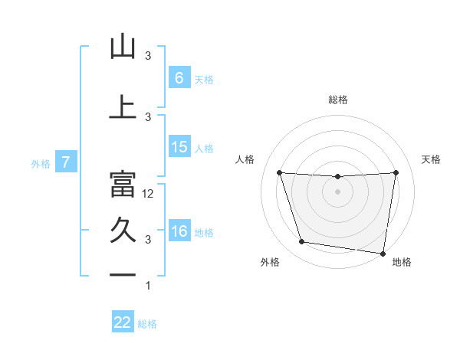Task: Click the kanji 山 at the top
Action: [123, 47]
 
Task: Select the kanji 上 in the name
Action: [123, 106]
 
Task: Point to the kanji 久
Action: [123, 231]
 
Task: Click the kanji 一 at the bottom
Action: [123, 275]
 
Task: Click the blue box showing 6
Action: [179, 77]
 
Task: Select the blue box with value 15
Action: [179, 147]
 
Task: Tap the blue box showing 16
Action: [179, 231]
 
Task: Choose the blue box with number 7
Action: [67, 162]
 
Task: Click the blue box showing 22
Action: [123, 322]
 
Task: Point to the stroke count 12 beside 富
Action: [149, 194]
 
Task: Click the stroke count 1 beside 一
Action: [148, 286]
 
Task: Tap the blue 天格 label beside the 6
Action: [204, 79]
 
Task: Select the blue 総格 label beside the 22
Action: [147, 324]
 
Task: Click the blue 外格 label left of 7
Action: [41, 163]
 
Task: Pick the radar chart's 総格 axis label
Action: [338, 100]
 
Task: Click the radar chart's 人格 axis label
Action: [245, 159]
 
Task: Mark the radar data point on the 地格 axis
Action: [383, 254]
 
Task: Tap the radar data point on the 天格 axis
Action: [396, 172]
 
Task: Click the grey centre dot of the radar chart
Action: [337, 191]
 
